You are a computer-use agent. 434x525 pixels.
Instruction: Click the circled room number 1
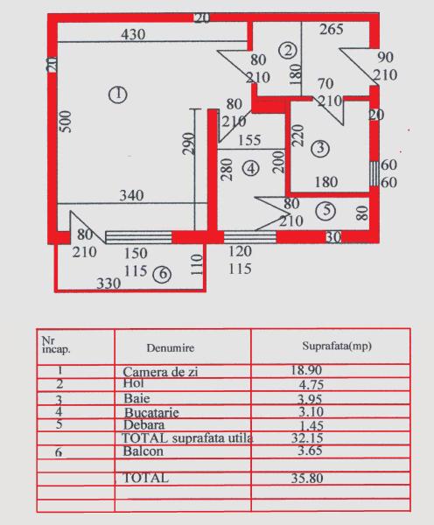coord(117,94)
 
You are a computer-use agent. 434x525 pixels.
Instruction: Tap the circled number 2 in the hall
coord(288,51)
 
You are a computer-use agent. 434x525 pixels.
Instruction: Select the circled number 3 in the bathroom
coord(320,148)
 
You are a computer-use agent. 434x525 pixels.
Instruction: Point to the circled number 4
coord(251,168)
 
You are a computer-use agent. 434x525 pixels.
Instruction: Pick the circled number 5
coord(326,210)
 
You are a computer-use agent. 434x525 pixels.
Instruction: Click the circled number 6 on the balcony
coord(162,274)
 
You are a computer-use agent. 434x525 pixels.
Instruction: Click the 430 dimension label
coord(133,34)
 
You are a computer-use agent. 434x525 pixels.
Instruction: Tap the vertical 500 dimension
coord(66,122)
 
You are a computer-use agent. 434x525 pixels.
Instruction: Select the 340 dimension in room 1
coord(131,195)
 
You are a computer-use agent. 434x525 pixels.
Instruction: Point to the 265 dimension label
coord(332,29)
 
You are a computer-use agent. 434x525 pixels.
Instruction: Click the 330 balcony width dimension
coord(108,283)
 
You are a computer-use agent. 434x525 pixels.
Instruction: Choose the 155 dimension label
coord(249,140)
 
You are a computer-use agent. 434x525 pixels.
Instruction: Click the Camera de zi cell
coord(160,372)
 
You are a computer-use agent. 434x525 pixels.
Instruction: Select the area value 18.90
coord(306,370)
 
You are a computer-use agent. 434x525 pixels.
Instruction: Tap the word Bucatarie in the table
coord(151,412)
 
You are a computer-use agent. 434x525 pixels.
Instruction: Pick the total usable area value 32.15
coord(307,438)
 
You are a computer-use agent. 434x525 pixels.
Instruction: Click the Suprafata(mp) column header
coord(337,346)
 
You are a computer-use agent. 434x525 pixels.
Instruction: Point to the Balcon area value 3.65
coord(310,451)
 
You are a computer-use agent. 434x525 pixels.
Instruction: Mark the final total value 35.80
coord(307,478)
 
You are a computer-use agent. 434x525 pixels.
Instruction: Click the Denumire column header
coord(171,347)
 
